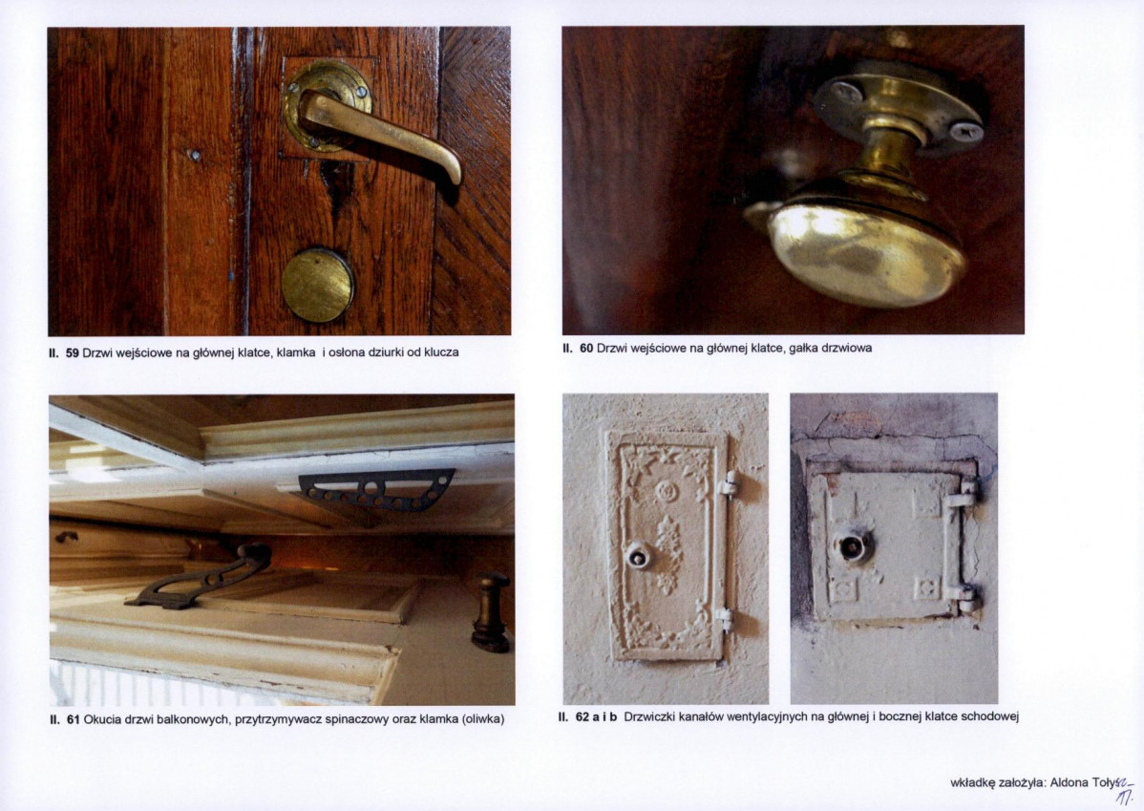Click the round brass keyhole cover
coord(317,286)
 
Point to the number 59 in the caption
coord(73,352)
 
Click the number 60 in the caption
coord(586,349)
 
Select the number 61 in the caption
coord(73,719)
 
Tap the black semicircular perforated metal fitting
coord(376,489)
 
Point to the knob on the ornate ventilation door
coord(638,556)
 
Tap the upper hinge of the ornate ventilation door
coord(729,483)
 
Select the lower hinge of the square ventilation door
coord(964,597)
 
